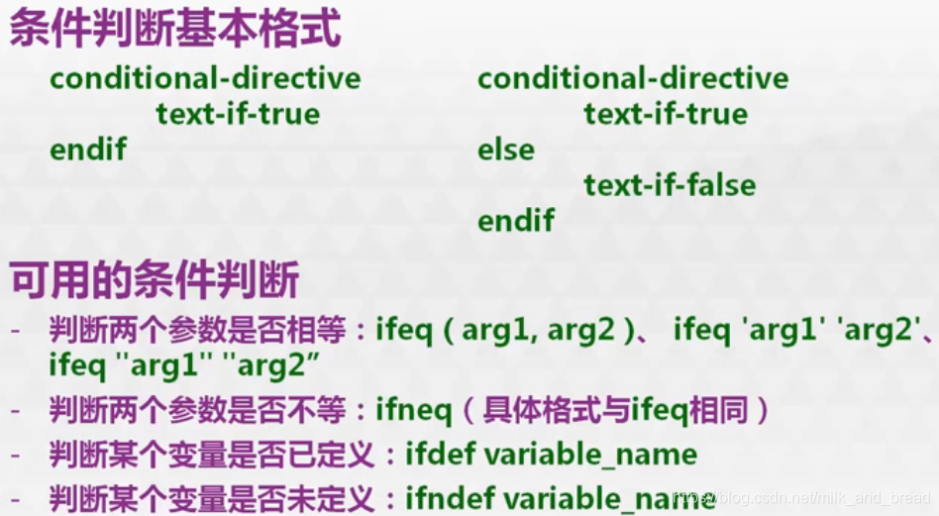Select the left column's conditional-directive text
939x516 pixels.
click(205, 78)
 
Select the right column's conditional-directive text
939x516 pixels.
click(633, 78)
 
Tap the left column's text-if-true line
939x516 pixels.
click(238, 114)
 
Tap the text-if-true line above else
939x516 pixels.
click(666, 114)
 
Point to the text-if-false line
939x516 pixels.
click(670, 185)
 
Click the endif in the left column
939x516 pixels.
click(88, 151)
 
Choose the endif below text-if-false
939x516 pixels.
click(516, 220)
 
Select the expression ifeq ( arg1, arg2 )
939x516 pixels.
click(503, 330)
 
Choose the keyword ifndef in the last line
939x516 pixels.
click(448, 496)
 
